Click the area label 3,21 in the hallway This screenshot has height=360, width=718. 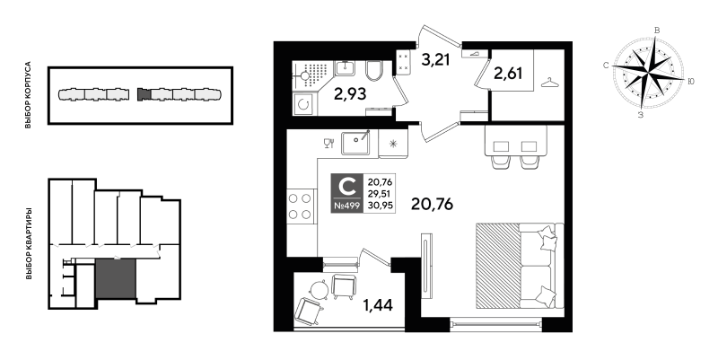point(435,60)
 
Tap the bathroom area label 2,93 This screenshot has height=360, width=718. point(350,94)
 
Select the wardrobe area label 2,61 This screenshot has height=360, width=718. point(508,73)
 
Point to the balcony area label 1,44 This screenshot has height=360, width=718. point(378,304)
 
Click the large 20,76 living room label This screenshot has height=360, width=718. point(432,204)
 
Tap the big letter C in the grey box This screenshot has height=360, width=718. point(346,187)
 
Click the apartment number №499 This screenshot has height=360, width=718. point(346,206)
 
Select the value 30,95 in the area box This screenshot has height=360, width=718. point(380,206)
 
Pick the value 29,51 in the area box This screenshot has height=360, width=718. point(380,194)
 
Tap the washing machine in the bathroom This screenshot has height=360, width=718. point(303,104)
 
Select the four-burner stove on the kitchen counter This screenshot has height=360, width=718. point(300,206)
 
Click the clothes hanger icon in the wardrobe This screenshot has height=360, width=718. point(549,83)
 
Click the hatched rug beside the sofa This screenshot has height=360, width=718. point(497,265)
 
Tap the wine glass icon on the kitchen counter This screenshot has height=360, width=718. point(328,144)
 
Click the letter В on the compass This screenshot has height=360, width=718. point(657,31)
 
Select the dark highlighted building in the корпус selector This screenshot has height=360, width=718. point(144,94)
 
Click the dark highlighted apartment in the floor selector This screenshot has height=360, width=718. point(116,278)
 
